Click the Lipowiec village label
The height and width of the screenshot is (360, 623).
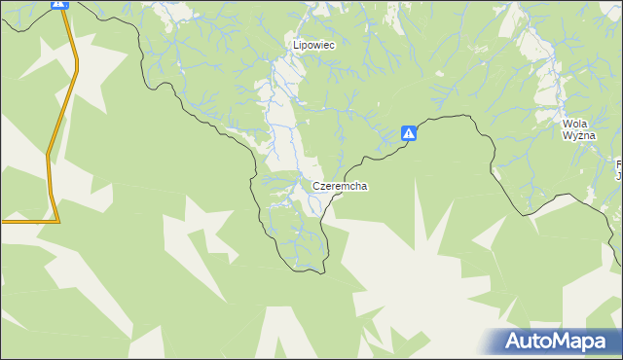pyautogui.click(x=314, y=45)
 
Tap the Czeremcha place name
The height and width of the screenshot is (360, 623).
pyautogui.click(x=340, y=185)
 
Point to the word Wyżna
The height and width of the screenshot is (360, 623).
pyautogui.click(x=577, y=136)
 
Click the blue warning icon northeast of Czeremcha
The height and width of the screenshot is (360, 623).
pyautogui.click(x=410, y=134)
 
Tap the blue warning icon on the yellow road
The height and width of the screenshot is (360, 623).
pyautogui.click(x=60, y=4)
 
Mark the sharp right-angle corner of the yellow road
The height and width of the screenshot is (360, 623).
pyautogui.click(x=57, y=220)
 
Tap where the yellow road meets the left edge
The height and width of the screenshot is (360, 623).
pyautogui.click(x=2, y=221)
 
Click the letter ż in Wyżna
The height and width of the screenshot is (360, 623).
pyautogui.click(x=578, y=136)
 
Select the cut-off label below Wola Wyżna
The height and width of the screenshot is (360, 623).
pyautogui.click(x=618, y=169)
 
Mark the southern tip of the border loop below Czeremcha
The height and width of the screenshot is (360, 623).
pyautogui.click(x=313, y=270)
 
